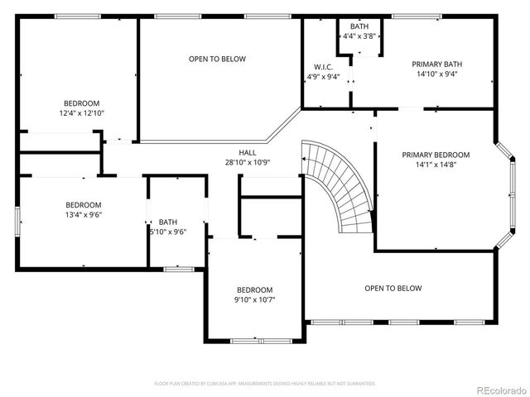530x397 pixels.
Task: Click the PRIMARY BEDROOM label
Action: (436, 155)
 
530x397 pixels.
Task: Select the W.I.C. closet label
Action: (323, 67)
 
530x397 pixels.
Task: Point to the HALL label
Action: (248, 153)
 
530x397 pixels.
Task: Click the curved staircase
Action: (340, 186)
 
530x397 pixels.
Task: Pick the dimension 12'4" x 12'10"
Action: (81, 112)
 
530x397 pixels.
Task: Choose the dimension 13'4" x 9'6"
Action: (84, 215)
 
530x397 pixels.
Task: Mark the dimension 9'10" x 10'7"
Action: (254, 299)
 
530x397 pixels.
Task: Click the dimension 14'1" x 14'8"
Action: (436, 165)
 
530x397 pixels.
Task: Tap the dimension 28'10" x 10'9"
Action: (248, 163)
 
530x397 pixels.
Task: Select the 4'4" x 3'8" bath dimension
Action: (359, 36)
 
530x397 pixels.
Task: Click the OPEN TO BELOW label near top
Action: (217, 59)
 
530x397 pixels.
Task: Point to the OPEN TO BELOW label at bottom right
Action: (393, 289)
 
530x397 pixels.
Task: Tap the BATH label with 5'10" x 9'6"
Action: (168, 222)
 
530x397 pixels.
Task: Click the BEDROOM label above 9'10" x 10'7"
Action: (254, 289)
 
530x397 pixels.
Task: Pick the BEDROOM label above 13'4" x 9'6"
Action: (84, 205)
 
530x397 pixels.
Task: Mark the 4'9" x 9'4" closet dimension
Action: (323, 77)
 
